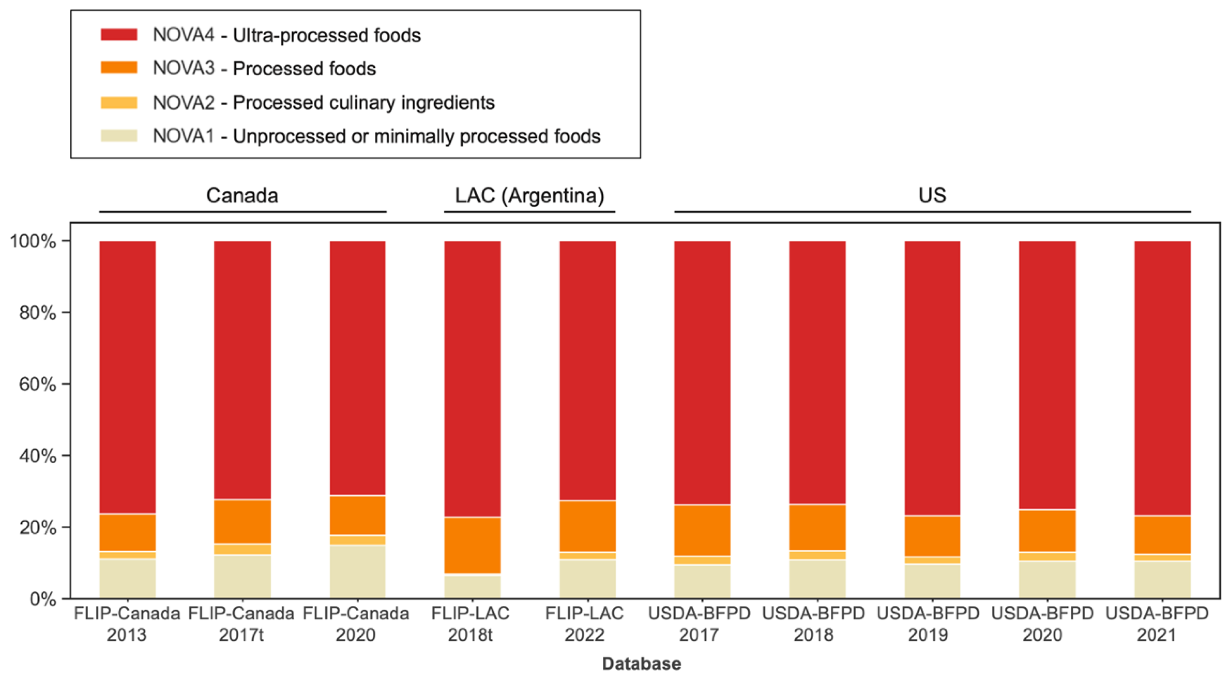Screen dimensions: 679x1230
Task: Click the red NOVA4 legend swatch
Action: [x=119, y=35]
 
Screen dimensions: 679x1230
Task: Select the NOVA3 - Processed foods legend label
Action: [x=264, y=69]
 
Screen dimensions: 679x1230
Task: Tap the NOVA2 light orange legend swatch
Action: [x=119, y=103]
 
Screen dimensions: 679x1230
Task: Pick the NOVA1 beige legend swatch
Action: [x=119, y=136]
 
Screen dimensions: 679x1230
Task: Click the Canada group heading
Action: [x=242, y=195]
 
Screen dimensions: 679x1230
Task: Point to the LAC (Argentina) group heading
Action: [x=529, y=195]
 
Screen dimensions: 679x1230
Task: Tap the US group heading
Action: [x=932, y=195]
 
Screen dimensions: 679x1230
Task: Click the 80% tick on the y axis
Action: [x=37, y=313]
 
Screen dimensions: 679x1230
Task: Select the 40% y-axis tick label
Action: [x=37, y=456]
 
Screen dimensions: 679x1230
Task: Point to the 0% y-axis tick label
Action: [x=43, y=599]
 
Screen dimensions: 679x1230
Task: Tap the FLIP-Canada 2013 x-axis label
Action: [x=127, y=624]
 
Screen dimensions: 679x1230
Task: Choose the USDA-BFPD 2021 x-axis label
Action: [x=1157, y=624]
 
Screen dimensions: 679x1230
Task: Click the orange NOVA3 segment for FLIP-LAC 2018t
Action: [x=472, y=545]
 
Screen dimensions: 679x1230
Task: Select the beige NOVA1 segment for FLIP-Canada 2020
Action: [x=357, y=572]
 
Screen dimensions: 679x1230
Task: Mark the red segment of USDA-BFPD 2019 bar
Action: [x=932, y=377]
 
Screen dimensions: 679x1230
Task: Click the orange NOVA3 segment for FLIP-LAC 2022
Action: [x=587, y=526]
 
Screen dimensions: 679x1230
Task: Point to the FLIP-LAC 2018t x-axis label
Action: [x=470, y=624]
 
